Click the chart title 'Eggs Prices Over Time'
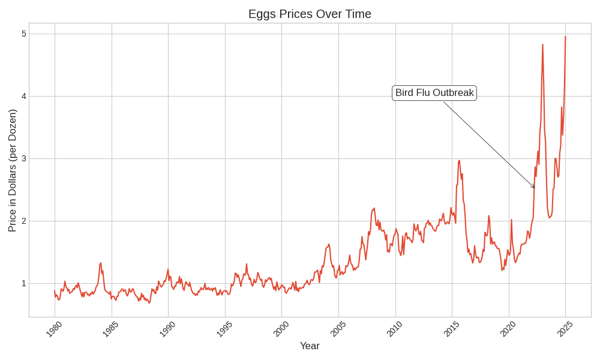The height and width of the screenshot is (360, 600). tap(310, 14)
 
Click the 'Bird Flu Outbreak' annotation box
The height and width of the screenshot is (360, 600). tap(434, 93)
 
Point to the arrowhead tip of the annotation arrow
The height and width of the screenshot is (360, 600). tap(535, 188)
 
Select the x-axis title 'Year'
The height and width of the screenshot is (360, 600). tap(310, 346)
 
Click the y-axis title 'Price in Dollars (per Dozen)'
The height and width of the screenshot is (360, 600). tap(12, 170)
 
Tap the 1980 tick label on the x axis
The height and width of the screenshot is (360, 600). tap(54, 329)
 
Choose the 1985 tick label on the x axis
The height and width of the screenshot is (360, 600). tap(110, 329)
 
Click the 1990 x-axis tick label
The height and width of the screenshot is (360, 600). tap(167, 329)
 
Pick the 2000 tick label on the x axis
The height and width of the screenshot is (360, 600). tap(281, 329)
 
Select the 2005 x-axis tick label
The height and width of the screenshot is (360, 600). tap(338, 329)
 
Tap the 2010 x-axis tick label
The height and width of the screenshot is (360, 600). tap(394, 329)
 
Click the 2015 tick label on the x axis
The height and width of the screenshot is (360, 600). tap(451, 329)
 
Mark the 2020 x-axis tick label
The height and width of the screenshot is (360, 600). tap(508, 329)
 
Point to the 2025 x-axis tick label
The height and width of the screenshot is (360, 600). tap(565, 329)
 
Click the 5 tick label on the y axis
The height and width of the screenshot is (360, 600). tap(24, 34)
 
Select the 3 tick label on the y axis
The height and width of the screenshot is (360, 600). tap(24, 158)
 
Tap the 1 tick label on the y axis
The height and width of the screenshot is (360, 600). tap(24, 283)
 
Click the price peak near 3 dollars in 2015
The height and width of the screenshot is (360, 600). tap(459, 160)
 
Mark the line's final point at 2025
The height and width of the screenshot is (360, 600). tap(565, 36)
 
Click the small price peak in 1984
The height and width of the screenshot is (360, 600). tap(101, 263)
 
